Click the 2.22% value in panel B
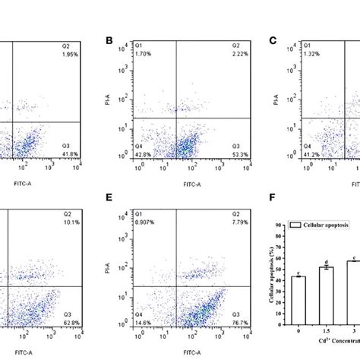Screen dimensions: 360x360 coord(217,56)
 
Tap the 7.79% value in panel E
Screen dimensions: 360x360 coord(217,223)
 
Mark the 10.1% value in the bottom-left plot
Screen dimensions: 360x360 coord(67,223)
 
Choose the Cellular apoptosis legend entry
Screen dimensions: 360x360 coord(323,226)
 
